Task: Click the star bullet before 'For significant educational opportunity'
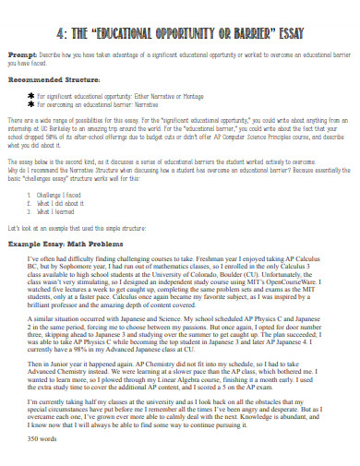coord(30,94)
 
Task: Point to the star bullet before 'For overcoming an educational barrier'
coord(30,103)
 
